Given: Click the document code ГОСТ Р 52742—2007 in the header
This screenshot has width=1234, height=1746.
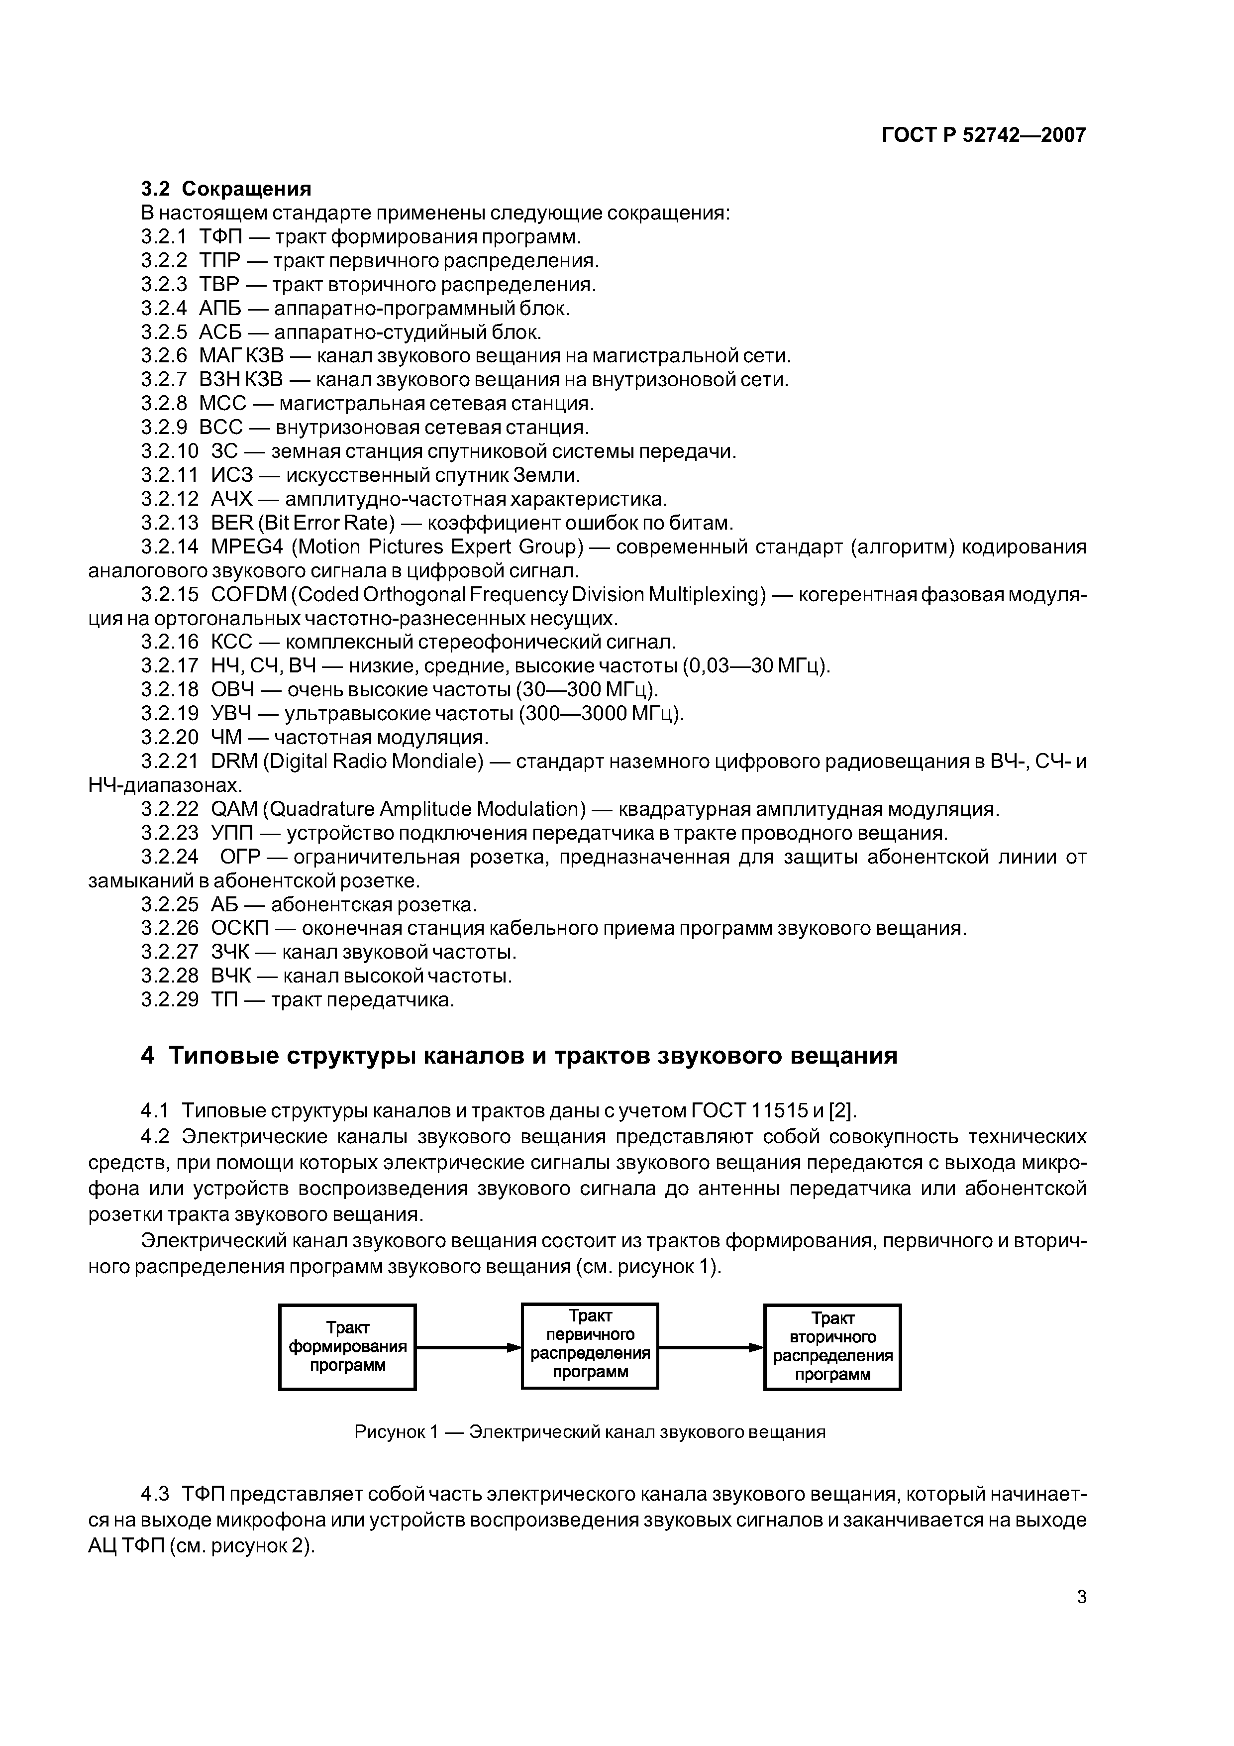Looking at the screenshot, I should [983, 135].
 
